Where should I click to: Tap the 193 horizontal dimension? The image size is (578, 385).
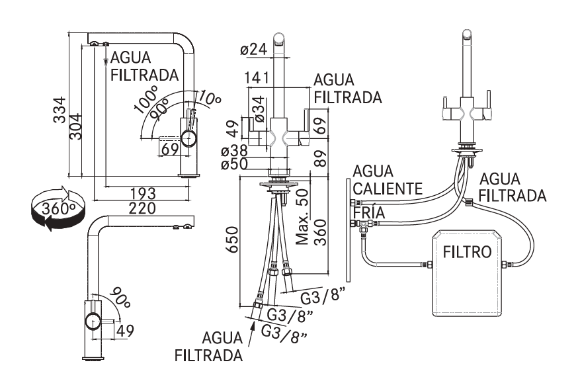tap(143, 193)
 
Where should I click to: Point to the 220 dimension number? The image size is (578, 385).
tap(143, 208)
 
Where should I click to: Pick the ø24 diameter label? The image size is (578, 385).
tap(254, 49)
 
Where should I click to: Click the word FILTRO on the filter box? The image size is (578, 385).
tap(466, 252)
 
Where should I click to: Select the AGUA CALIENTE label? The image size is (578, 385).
tap(386, 180)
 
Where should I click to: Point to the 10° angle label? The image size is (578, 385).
tap(209, 100)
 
